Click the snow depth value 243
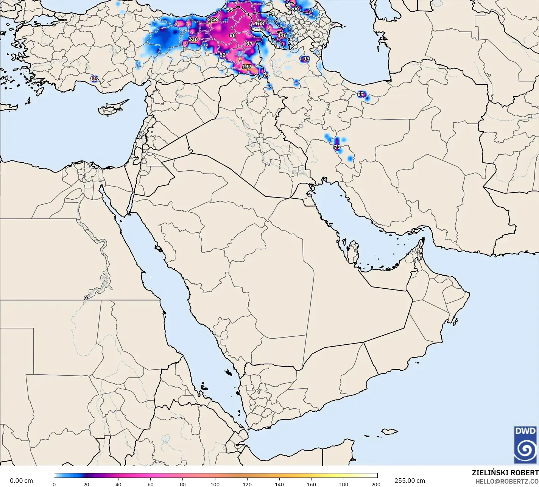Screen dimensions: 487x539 [212, 19]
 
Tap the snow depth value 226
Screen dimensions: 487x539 [193, 39]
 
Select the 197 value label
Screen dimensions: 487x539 [246, 67]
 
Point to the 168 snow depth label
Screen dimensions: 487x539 [259, 23]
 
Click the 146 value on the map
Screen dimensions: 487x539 [282, 35]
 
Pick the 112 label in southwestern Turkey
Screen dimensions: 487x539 [94, 79]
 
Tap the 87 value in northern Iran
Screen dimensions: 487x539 [360, 94]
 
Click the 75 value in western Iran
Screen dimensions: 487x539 [337, 147]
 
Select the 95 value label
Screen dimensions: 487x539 [306, 59]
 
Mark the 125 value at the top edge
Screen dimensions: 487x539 [293, 9]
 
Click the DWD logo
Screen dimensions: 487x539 [525, 445]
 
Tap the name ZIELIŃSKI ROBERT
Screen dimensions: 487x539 [505, 473]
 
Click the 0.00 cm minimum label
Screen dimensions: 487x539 [21, 481]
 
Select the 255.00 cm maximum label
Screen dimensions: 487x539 [410, 481]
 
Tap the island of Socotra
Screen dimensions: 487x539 [389, 431]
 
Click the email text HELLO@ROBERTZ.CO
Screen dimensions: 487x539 [507, 481]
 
